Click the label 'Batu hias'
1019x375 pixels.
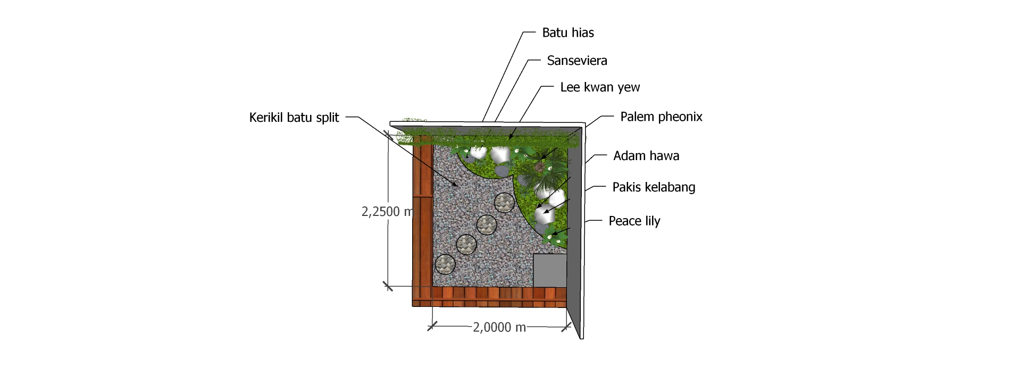click(x=567, y=33)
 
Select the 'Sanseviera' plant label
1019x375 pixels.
click(x=577, y=61)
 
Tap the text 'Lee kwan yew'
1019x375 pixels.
click(x=599, y=87)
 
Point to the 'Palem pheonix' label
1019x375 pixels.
click(x=661, y=117)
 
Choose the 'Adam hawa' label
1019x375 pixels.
click(x=646, y=156)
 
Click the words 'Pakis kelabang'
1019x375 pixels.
click(x=653, y=187)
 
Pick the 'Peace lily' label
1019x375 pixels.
click(x=634, y=221)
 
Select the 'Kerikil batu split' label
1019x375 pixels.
click(x=294, y=118)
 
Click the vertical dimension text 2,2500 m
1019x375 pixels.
click(x=387, y=212)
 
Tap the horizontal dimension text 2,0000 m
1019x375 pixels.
click(x=499, y=328)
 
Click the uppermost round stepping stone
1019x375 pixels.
click(x=504, y=202)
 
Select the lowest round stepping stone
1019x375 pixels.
click(x=445, y=264)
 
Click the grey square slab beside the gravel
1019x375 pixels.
click(x=549, y=270)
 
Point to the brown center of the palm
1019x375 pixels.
click(x=539, y=167)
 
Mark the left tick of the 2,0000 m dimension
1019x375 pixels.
click(x=432, y=327)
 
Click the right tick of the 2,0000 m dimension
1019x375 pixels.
click(x=566, y=327)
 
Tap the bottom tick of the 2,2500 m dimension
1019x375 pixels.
click(x=388, y=286)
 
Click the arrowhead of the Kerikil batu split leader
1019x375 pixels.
click(x=457, y=186)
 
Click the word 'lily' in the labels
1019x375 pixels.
click(x=652, y=221)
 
